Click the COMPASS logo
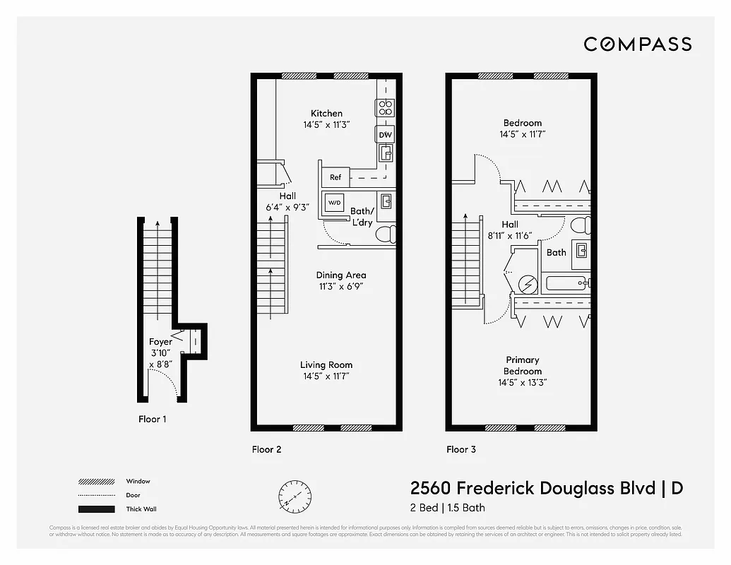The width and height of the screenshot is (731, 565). click(637, 44)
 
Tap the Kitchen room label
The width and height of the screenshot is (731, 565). click(326, 113)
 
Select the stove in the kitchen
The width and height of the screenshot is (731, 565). click(385, 107)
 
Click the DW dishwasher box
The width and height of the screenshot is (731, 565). click(385, 135)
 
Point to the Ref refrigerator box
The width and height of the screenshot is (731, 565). click(336, 177)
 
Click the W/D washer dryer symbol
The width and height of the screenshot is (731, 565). click(333, 202)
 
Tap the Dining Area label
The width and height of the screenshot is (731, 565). click(340, 275)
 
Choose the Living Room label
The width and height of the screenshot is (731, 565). click(326, 365)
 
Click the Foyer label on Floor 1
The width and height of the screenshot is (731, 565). click(160, 342)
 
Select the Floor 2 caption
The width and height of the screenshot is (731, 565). click(267, 449)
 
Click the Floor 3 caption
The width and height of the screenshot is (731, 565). click(461, 449)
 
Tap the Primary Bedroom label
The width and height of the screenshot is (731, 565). click(523, 366)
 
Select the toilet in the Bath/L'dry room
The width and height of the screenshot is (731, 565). click(385, 234)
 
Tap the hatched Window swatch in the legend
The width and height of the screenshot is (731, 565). click(96, 482)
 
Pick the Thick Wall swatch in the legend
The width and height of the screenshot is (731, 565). click(96, 509)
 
